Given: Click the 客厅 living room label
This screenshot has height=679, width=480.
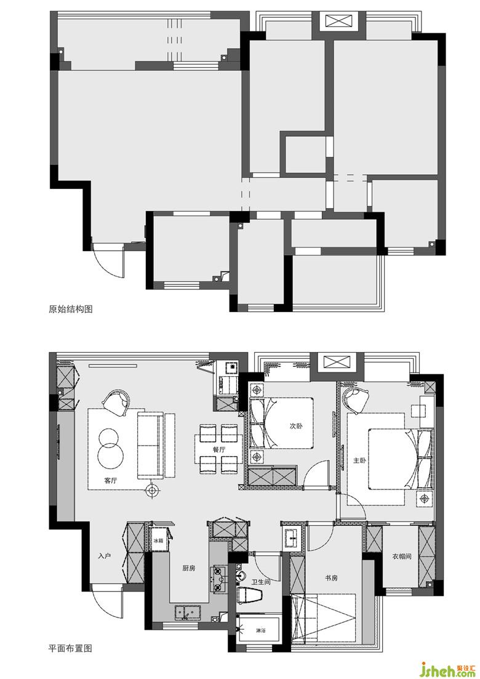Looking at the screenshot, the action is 111,480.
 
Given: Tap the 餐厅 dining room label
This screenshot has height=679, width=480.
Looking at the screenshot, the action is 218,449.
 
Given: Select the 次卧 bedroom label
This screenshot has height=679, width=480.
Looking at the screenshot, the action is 296,426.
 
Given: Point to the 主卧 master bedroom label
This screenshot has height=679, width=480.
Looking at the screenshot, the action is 359,460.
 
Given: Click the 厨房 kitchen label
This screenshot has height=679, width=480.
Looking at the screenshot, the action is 189,568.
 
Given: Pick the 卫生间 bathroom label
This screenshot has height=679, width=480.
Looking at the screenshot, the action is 261,582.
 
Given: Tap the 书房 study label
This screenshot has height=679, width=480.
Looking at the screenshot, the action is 331,577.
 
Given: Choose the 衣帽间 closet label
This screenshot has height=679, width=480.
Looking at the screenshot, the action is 402,556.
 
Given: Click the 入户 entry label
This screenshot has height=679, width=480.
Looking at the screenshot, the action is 105,556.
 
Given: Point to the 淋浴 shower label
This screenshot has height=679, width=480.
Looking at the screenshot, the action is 260,630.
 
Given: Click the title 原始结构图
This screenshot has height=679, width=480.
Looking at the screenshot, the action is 71,309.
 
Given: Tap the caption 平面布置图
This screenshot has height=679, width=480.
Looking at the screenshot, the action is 71,649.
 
